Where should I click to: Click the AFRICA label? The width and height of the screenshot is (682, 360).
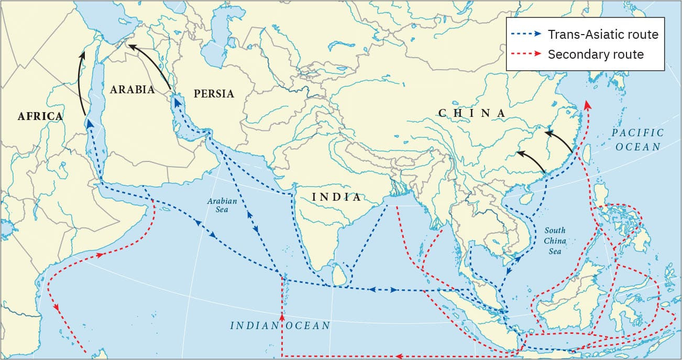click(x=40, y=116)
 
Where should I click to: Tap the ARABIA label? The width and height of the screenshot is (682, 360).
click(x=132, y=90)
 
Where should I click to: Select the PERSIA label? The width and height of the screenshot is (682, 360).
click(x=214, y=94)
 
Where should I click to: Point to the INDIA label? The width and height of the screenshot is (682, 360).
click(x=337, y=197)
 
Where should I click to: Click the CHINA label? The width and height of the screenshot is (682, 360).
click(x=472, y=113)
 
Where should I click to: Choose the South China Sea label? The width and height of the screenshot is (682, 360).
click(x=555, y=241)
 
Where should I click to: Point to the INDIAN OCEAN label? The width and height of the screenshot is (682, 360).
click(x=280, y=325)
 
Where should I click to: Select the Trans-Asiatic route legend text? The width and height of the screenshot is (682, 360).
click(x=602, y=35)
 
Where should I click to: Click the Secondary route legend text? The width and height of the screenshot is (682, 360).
click(x=596, y=54)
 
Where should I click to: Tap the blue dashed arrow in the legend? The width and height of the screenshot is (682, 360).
click(x=526, y=35)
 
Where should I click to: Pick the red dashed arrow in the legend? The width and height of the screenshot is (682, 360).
click(x=526, y=54)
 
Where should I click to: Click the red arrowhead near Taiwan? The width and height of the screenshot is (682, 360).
click(x=587, y=104)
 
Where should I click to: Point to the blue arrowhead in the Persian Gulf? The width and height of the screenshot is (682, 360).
click(x=177, y=103)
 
